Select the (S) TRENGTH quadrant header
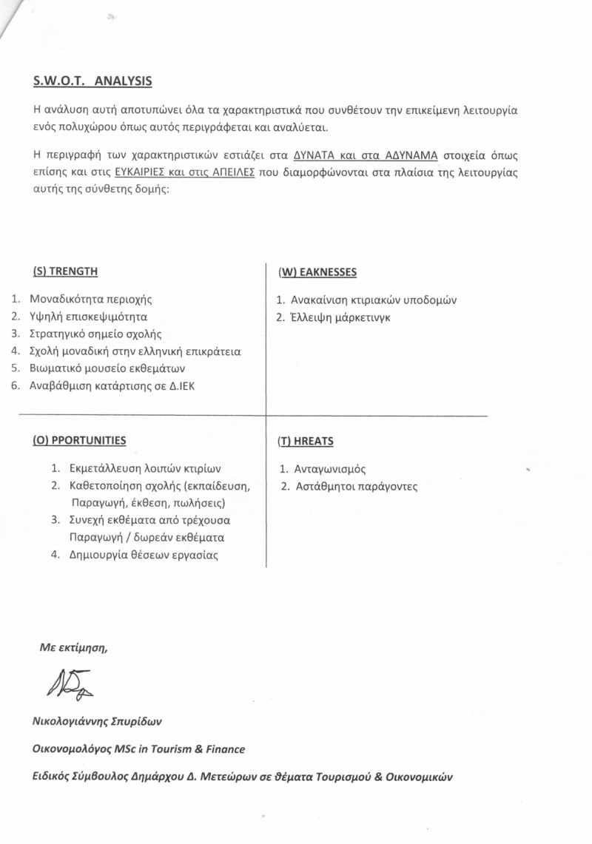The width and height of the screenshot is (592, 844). (x=65, y=271)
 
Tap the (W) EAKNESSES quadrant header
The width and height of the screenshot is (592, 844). (x=317, y=272)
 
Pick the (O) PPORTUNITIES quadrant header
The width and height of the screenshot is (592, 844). (x=79, y=440)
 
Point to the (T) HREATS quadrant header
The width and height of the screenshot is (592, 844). (x=306, y=441)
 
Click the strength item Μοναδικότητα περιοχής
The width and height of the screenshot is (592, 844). (x=90, y=300)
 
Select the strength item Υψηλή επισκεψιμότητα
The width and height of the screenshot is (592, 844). (x=88, y=317)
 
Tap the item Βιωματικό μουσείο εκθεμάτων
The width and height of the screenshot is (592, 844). (x=107, y=368)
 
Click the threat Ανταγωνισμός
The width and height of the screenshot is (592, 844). (x=330, y=469)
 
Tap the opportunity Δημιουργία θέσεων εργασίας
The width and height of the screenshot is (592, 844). (x=144, y=554)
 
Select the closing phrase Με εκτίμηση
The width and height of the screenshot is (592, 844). (x=73, y=648)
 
